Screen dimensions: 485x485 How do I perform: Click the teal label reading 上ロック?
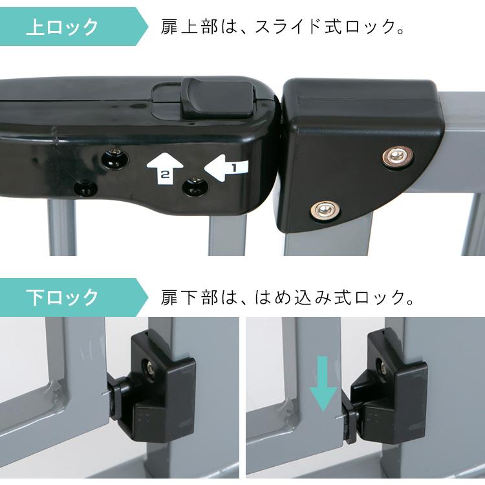(63, 27)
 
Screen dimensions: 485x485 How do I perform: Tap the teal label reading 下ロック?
(63, 297)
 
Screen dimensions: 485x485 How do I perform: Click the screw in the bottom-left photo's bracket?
(149, 368)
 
